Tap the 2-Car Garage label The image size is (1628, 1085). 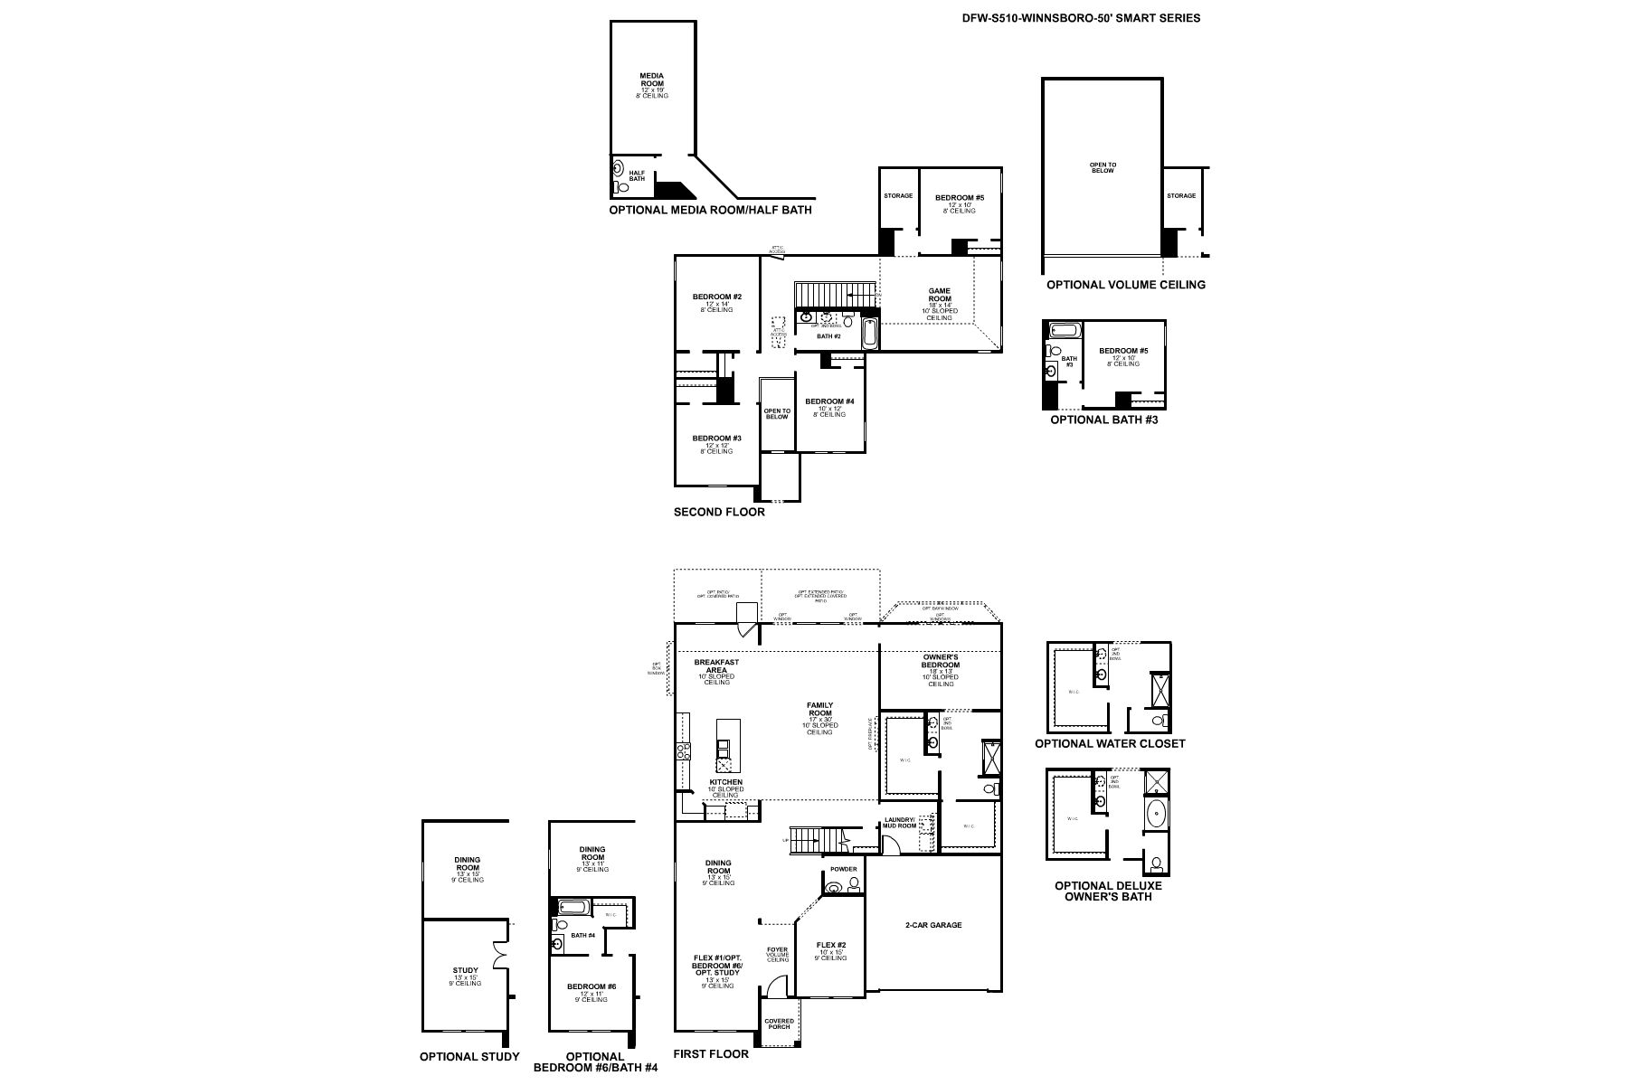(933, 925)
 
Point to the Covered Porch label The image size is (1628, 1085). (779, 1023)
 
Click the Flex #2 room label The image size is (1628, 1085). (830, 945)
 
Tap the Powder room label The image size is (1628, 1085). (843, 869)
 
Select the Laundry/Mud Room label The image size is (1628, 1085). (900, 823)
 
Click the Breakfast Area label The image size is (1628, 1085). (716, 665)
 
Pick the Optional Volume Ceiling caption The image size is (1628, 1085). (1126, 285)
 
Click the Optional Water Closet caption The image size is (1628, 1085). (1110, 743)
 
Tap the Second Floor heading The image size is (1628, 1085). (719, 512)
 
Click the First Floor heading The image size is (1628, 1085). (711, 1054)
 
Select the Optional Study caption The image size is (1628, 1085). (469, 1056)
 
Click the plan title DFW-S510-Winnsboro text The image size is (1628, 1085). (1082, 17)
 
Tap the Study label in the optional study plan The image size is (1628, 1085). (466, 971)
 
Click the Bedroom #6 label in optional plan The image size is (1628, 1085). (592, 986)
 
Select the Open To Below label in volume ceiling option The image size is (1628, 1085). (1103, 167)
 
